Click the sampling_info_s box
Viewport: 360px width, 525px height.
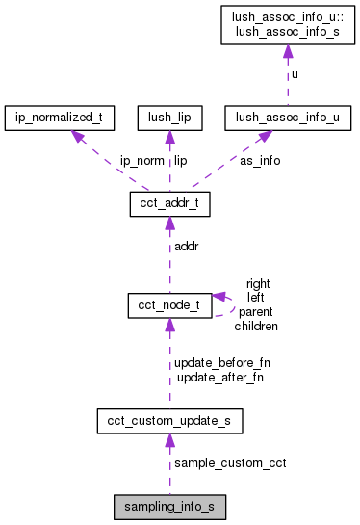coord(169,505)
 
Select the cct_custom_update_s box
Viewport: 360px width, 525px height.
coord(169,421)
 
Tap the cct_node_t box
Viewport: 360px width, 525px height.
coord(169,305)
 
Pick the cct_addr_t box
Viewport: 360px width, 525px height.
coord(169,204)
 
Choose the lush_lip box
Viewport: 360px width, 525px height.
coord(169,118)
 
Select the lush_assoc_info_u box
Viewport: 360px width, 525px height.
coord(287,118)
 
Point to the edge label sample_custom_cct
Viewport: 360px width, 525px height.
coord(230,463)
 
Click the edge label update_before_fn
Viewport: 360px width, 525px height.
coord(222,363)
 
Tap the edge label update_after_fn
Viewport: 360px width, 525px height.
coord(219,377)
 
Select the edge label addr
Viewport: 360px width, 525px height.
coord(186,247)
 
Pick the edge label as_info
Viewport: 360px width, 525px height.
coord(260,161)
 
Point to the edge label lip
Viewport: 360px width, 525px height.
coord(180,161)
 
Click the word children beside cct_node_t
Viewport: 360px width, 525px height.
coord(256,327)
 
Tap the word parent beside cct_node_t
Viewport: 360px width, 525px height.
coord(256,312)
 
